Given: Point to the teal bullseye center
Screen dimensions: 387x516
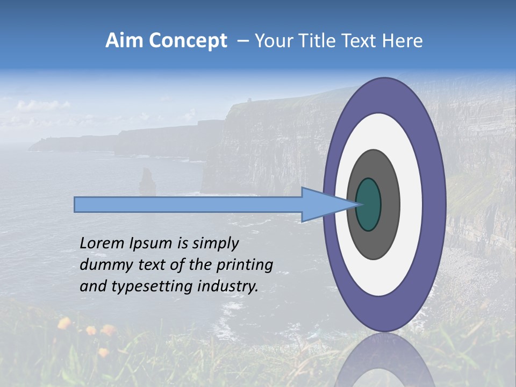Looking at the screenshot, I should tap(369, 204).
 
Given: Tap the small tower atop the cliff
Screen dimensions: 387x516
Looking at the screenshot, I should tap(249, 100).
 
